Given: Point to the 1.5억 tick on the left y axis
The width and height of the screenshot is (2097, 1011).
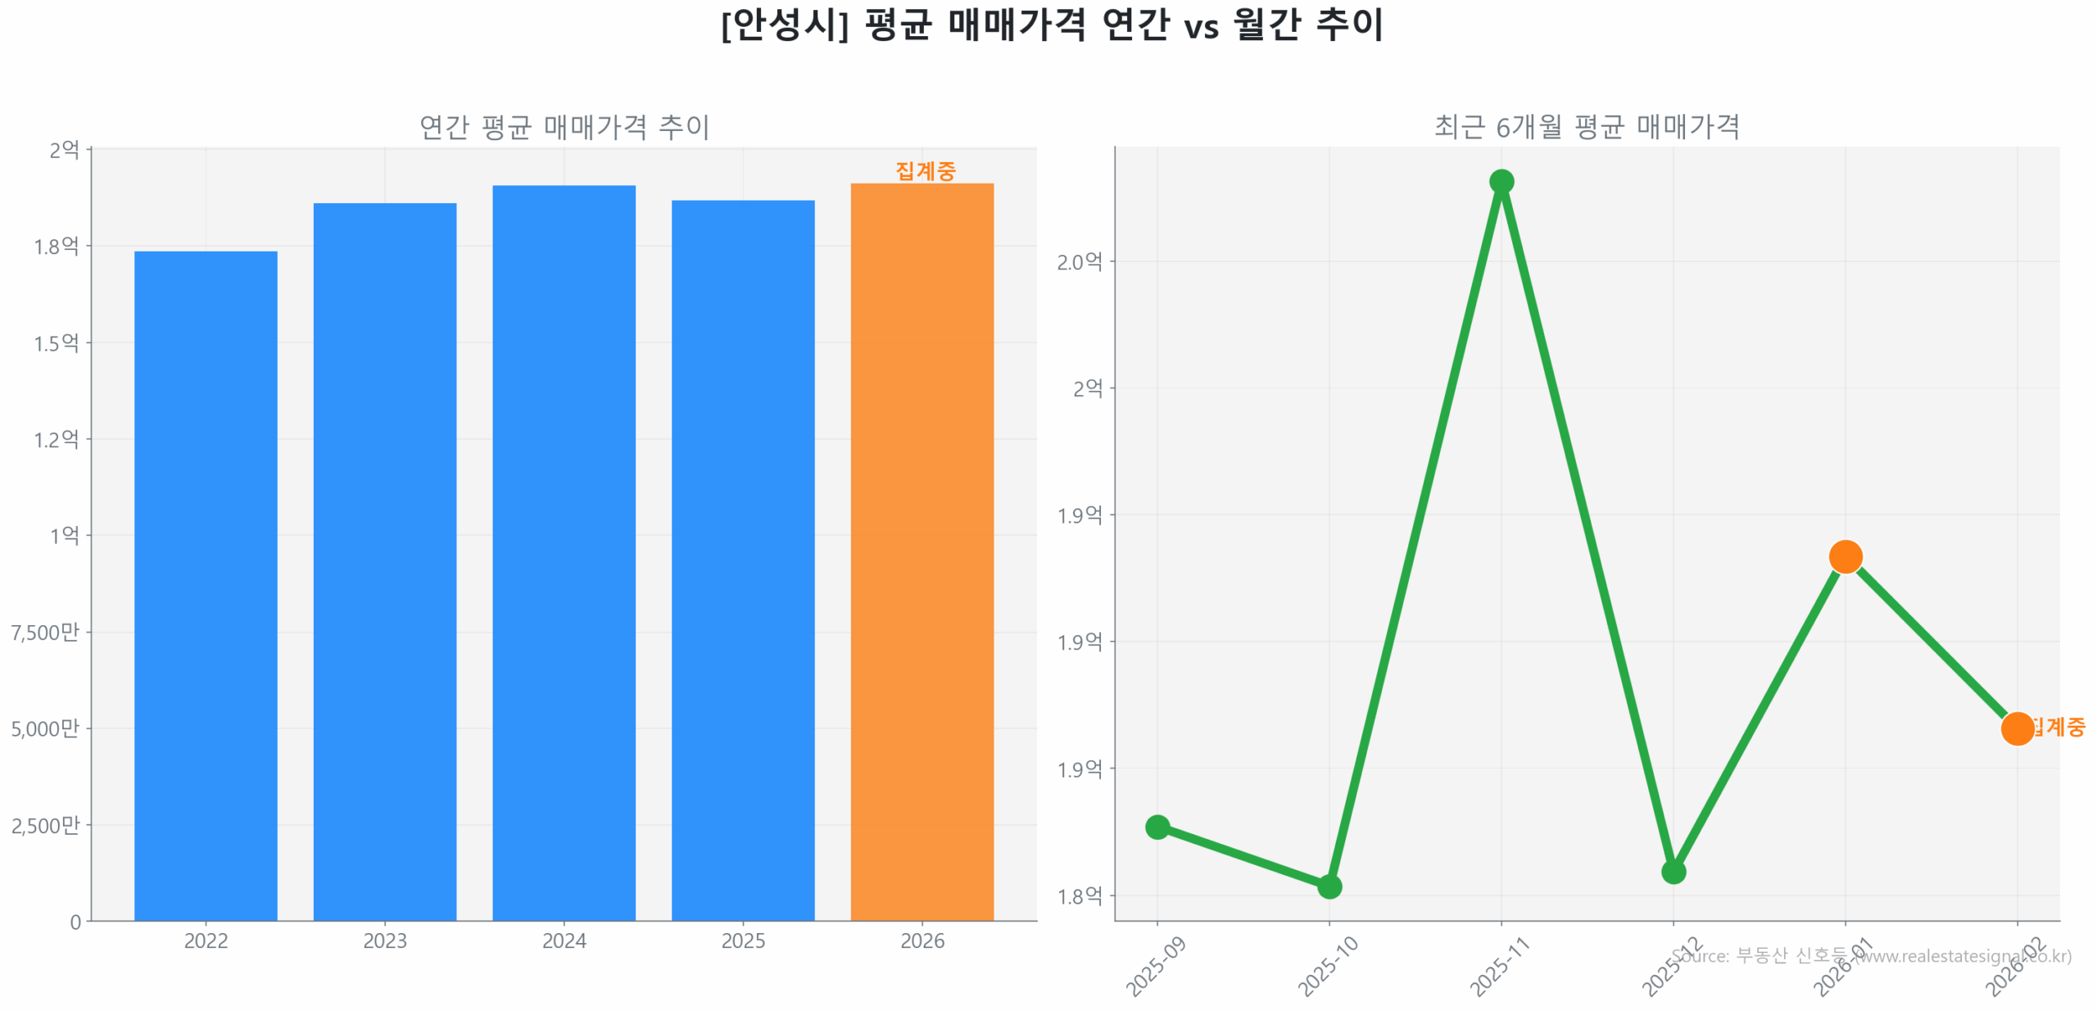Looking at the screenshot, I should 56,342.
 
